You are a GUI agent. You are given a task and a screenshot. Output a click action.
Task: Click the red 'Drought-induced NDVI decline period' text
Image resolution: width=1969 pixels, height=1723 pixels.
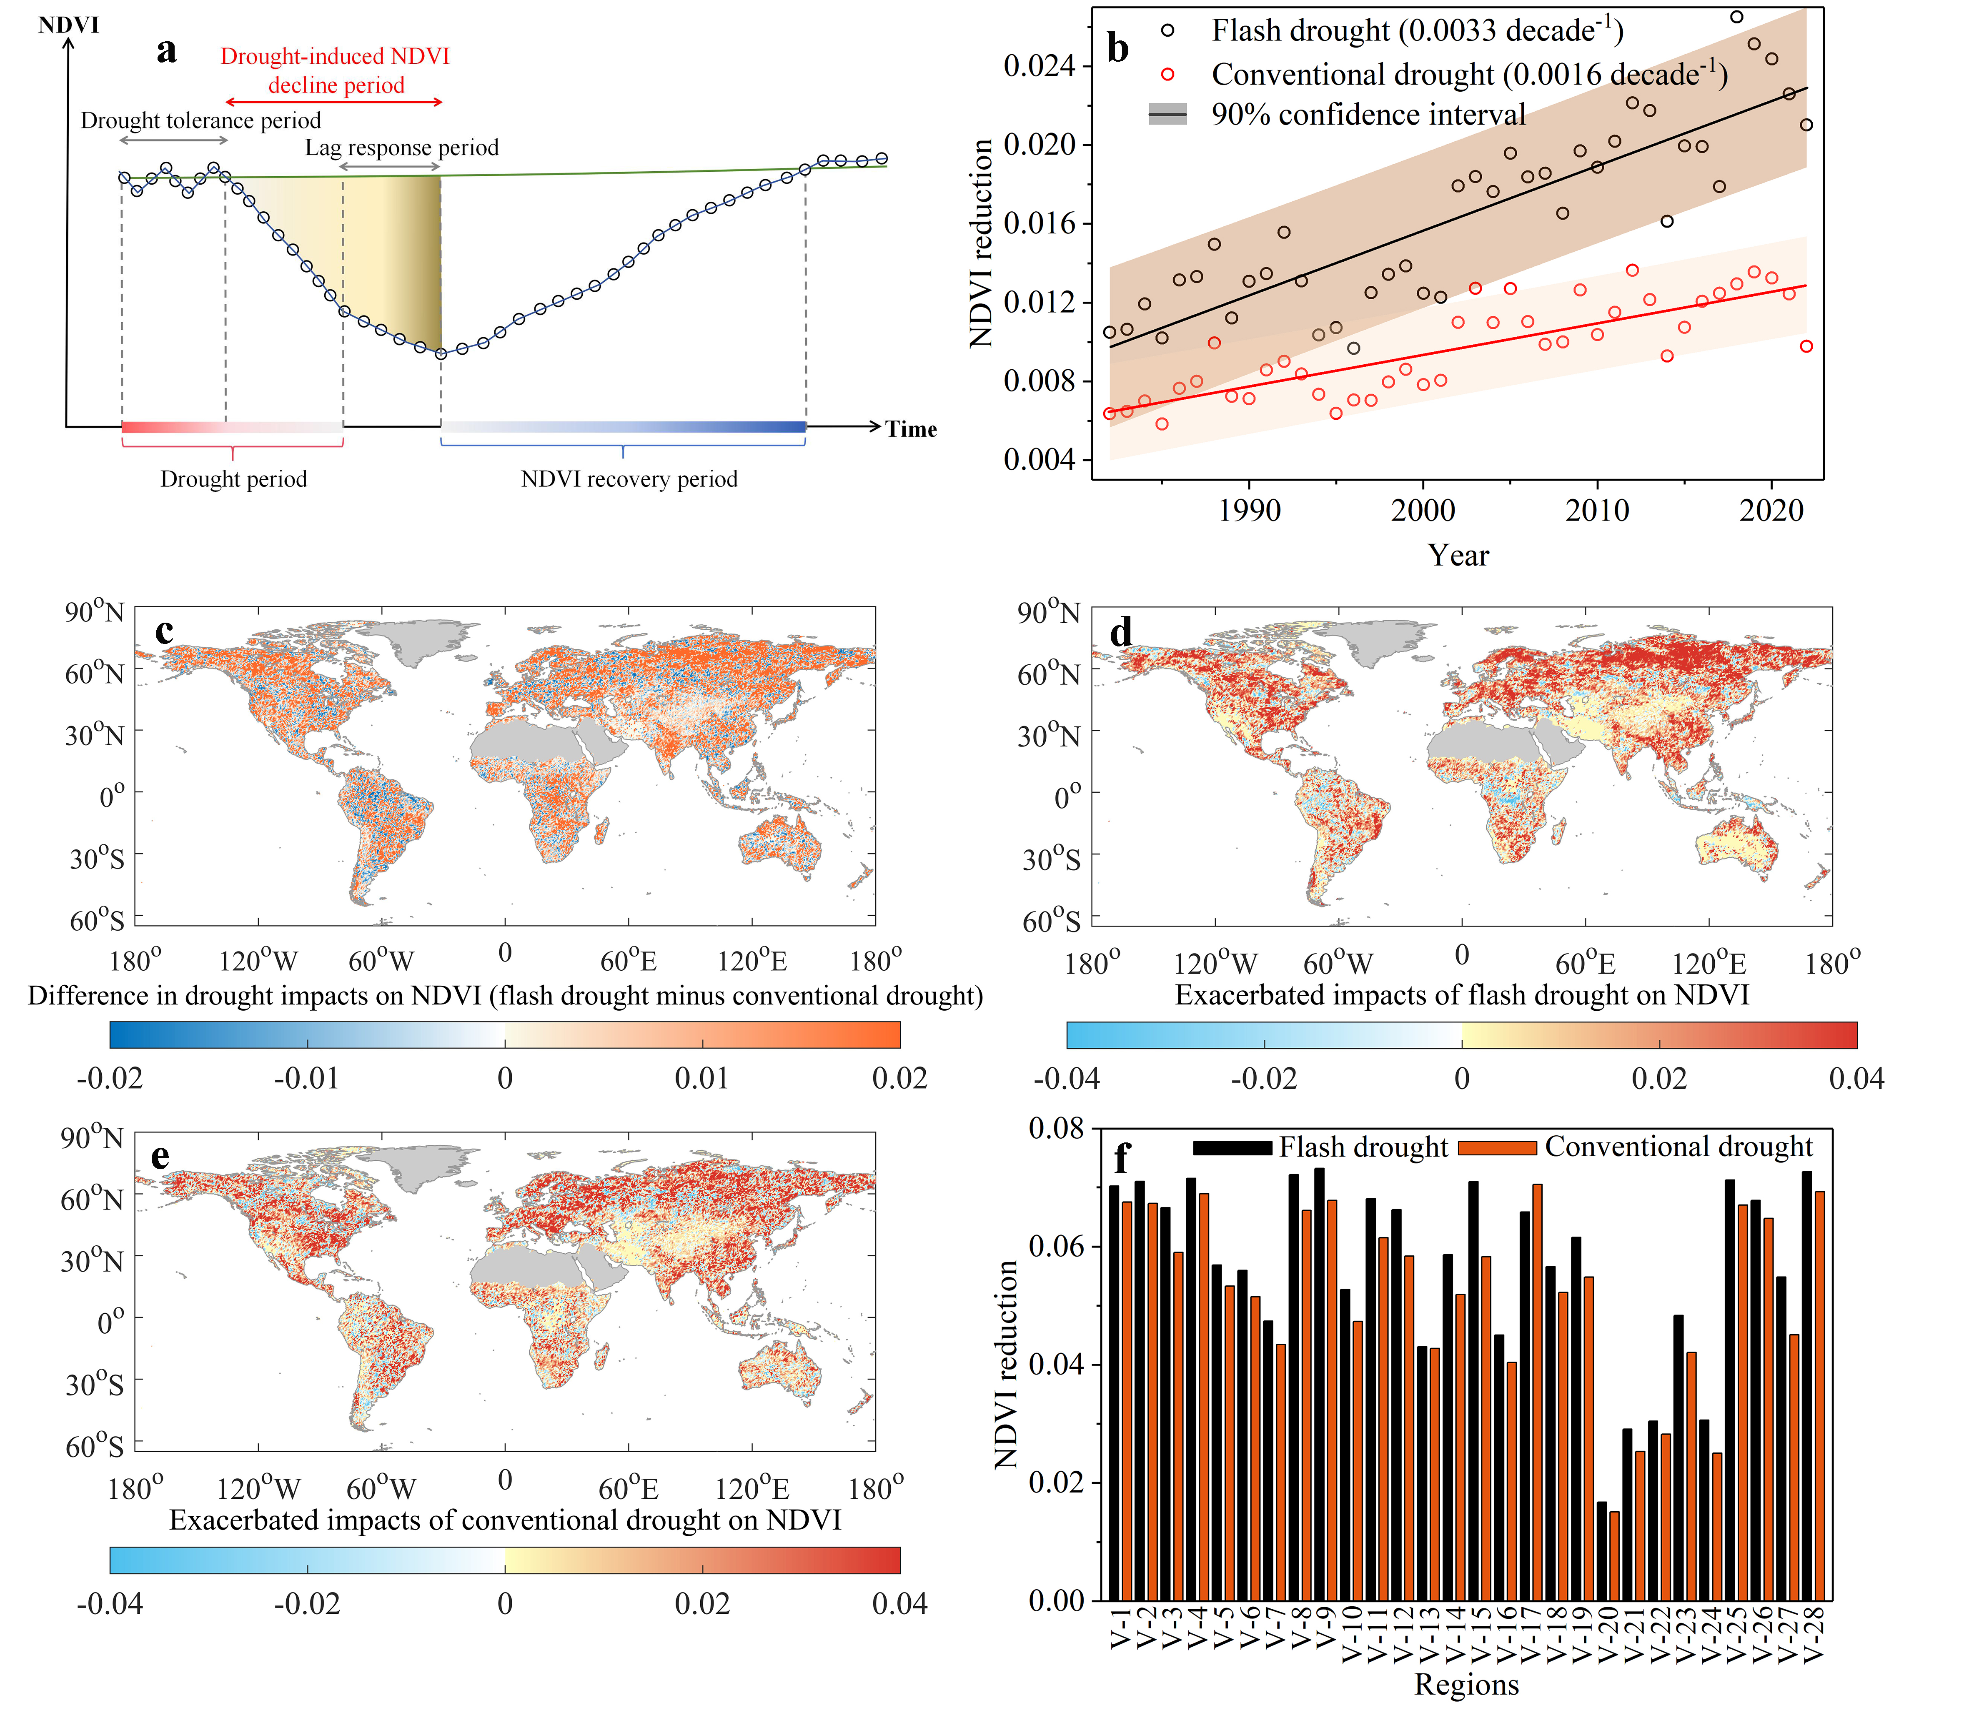click(336, 70)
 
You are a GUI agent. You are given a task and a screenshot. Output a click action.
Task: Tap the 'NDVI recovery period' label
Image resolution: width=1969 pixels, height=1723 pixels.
click(629, 479)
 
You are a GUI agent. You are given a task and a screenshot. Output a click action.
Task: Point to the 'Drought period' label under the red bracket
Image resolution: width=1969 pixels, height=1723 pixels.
click(234, 479)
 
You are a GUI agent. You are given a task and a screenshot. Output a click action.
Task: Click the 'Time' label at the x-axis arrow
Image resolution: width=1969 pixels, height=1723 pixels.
click(910, 429)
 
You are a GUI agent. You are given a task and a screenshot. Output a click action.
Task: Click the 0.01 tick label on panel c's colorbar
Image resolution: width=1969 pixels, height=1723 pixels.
click(702, 1078)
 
